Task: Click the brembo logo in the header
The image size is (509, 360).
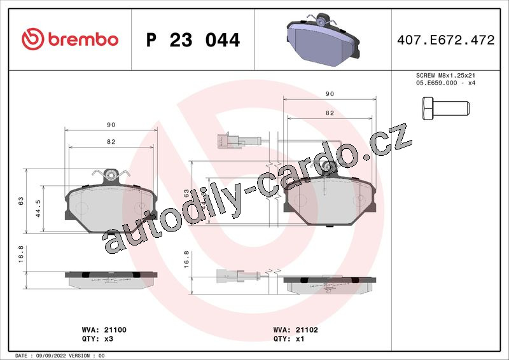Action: [x=70, y=39]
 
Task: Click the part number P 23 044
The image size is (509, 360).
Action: [x=193, y=40]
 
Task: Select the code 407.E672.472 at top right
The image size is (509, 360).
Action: [x=446, y=40]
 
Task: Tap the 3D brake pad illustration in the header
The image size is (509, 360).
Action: [x=323, y=39]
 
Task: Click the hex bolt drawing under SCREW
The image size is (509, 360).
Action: [x=446, y=108]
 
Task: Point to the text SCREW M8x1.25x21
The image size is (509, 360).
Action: [x=445, y=75]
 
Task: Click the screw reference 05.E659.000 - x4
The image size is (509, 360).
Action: [x=445, y=83]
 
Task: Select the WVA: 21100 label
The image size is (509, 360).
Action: [x=104, y=330]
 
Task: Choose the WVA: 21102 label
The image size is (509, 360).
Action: [x=295, y=330]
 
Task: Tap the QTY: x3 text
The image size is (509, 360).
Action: [x=97, y=339]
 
